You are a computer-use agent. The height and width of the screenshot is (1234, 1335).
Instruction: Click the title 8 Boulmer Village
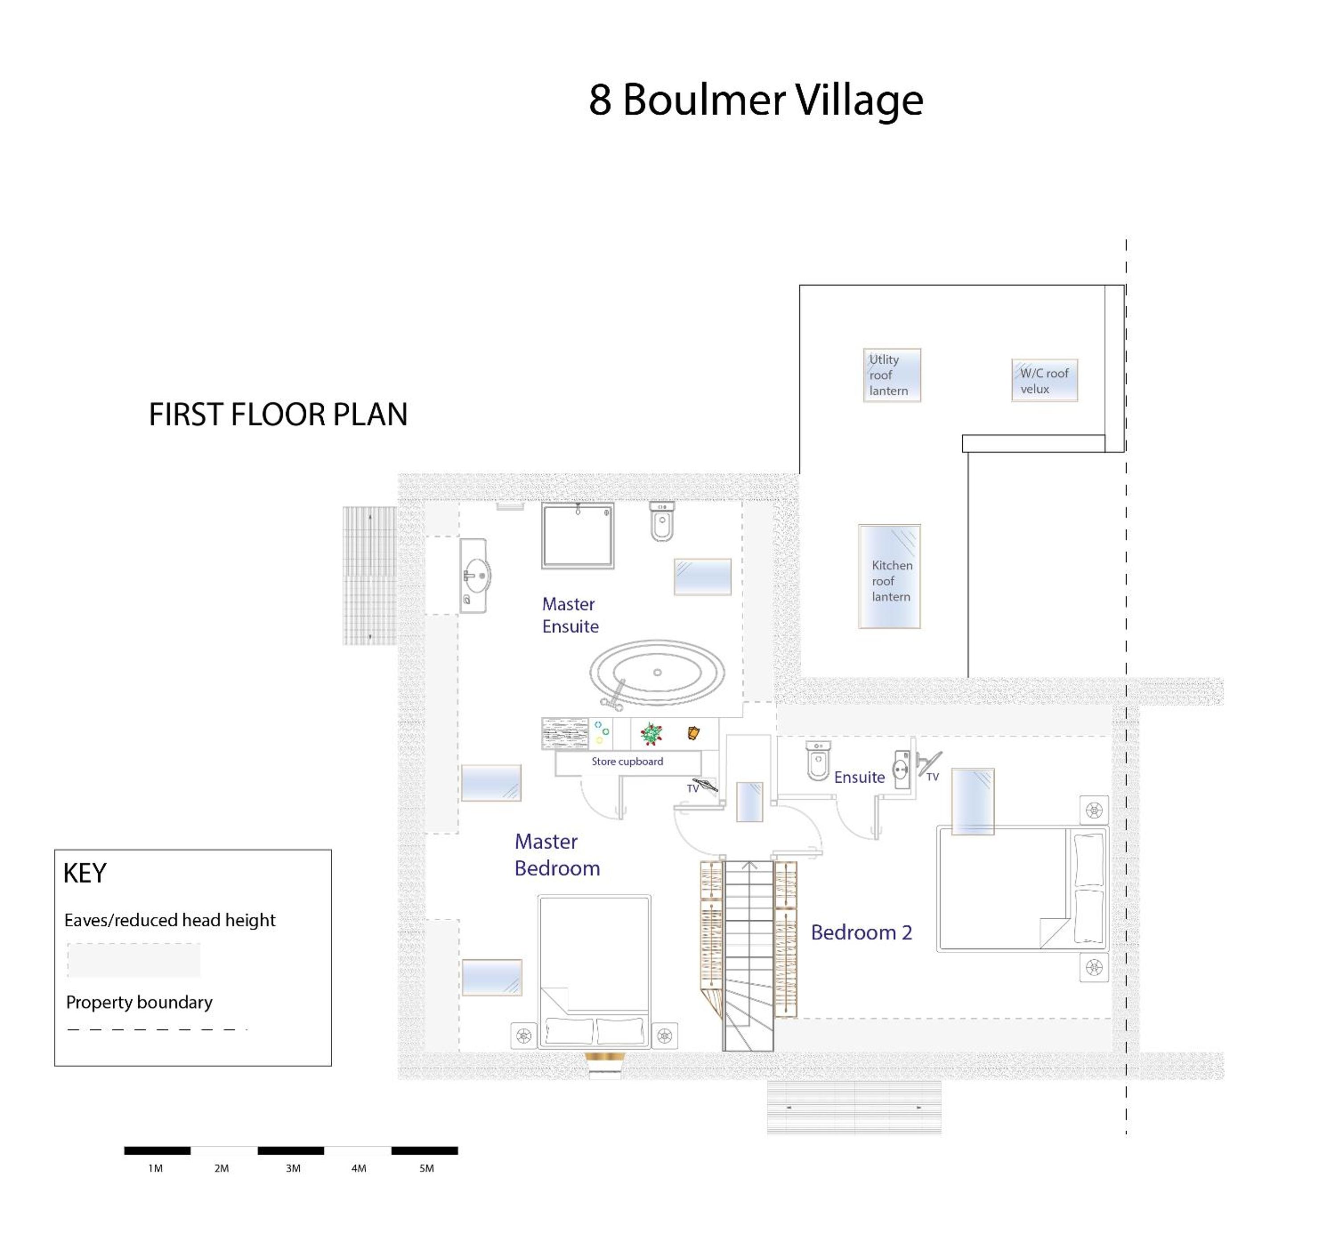pyautogui.click(x=755, y=100)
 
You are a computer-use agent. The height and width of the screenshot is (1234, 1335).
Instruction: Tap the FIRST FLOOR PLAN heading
pyautogui.click(x=278, y=415)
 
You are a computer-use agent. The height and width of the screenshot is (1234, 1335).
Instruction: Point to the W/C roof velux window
pyautogui.click(x=1044, y=380)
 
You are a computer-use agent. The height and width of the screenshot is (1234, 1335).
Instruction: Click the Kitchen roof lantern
pyautogui.click(x=889, y=576)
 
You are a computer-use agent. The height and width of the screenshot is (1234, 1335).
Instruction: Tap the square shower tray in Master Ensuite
pyautogui.click(x=577, y=535)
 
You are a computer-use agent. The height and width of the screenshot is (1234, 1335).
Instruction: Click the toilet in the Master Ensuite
pyautogui.click(x=661, y=522)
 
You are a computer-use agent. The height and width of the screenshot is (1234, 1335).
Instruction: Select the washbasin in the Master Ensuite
pyautogui.click(x=475, y=576)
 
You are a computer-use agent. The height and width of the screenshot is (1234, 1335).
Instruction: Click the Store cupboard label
pyautogui.click(x=627, y=761)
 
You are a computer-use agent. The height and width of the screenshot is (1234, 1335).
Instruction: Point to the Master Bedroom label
pyautogui.click(x=557, y=855)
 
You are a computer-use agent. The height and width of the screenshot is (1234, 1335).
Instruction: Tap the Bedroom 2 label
pyautogui.click(x=861, y=932)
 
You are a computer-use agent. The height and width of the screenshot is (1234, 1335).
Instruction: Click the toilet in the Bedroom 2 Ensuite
pyautogui.click(x=817, y=760)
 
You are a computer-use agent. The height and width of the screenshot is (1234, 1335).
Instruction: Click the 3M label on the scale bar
pyautogui.click(x=293, y=1168)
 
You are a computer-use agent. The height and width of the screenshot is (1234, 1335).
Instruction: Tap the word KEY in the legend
pyautogui.click(x=85, y=873)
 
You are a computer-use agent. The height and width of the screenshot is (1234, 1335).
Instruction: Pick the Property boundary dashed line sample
pyautogui.click(x=157, y=1030)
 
